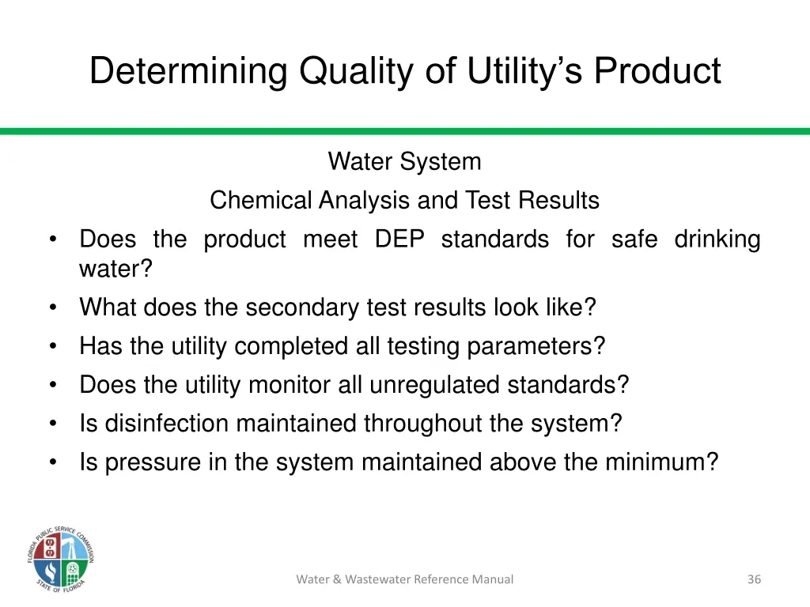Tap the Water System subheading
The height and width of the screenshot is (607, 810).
tap(404, 162)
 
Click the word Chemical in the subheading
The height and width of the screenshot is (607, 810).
tap(261, 201)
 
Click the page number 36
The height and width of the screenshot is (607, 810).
tap(754, 579)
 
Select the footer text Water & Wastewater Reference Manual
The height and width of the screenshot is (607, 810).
tap(404, 579)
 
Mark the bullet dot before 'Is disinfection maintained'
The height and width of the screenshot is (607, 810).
tap(53, 424)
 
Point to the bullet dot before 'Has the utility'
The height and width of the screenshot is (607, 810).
tap(53, 347)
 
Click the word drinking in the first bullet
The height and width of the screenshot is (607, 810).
tap(717, 239)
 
